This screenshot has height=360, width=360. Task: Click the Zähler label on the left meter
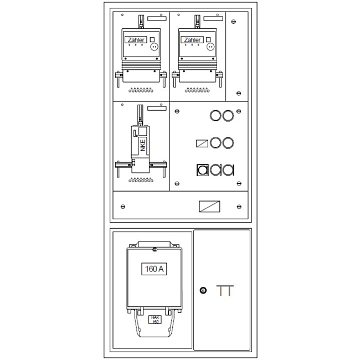click(x=136, y=40)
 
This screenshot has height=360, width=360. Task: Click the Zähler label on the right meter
click(x=192, y=40)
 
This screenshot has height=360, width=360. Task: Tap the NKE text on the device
click(x=143, y=145)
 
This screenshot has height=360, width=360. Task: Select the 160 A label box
click(x=154, y=269)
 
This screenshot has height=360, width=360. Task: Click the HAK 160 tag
click(x=155, y=320)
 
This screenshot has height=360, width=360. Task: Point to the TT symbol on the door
click(x=225, y=290)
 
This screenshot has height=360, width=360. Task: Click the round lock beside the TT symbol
click(x=203, y=290)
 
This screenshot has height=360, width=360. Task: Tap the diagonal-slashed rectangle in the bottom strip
click(x=209, y=207)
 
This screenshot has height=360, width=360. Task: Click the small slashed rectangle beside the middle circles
click(x=202, y=143)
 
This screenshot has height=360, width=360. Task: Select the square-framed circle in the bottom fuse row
click(x=203, y=170)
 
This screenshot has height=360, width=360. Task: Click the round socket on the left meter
click(x=155, y=47)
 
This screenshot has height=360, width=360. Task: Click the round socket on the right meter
click(x=210, y=47)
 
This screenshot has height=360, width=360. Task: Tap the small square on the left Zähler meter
click(x=152, y=39)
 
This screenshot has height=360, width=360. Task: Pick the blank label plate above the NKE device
click(x=157, y=109)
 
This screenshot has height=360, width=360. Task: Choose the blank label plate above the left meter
click(x=157, y=19)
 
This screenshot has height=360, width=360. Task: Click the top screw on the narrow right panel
click(x=234, y=22)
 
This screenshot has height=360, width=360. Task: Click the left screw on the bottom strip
click(x=123, y=207)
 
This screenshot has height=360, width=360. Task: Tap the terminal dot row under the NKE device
click(x=141, y=180)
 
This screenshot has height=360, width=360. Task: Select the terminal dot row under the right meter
click(x=197, y=90)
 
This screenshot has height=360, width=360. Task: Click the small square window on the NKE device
click(x=142, y=132)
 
